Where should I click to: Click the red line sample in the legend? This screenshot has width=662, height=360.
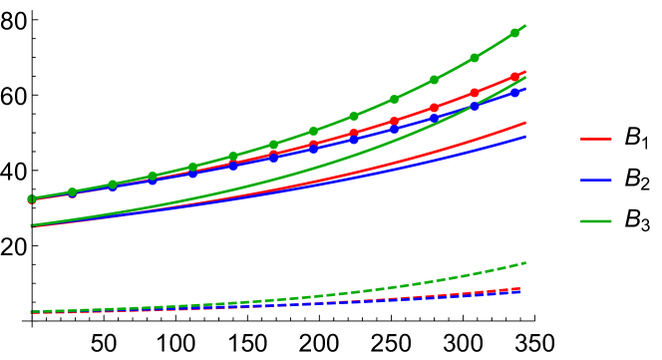[x=596, y=139]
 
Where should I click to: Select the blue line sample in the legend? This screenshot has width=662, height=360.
[x=596, y=180]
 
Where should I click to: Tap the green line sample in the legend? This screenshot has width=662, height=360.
[x=596, y=220]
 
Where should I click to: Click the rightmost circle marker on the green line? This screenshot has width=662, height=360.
[x=514, y=33]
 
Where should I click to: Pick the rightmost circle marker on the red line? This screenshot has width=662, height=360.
[x=514, y=77]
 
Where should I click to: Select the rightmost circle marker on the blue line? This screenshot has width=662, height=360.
[x=514, y=92]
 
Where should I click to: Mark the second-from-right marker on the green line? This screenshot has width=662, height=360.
[x=475, y=58]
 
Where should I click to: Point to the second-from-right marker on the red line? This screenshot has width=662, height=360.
[x=475, y=93]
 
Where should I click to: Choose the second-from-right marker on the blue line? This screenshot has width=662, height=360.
[x=475, y=106]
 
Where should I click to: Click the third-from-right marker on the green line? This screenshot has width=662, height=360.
[x=434, y=80]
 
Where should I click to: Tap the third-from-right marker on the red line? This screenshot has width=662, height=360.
[x=434, y=108]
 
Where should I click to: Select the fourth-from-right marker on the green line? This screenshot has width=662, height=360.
[x=394, y=99]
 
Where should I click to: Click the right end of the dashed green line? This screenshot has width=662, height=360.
[x=525, y=263]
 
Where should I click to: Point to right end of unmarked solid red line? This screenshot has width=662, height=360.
[x=525, y=124]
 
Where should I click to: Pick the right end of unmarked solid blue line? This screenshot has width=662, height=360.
[x=525, y=137]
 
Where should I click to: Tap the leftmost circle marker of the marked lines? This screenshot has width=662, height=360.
[x=32, y=199]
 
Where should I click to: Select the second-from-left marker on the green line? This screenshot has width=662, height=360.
[x=72, y=191]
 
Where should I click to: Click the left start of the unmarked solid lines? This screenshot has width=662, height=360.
[x=32, y=226]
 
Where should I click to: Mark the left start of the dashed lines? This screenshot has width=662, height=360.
[x=32, y=313]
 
